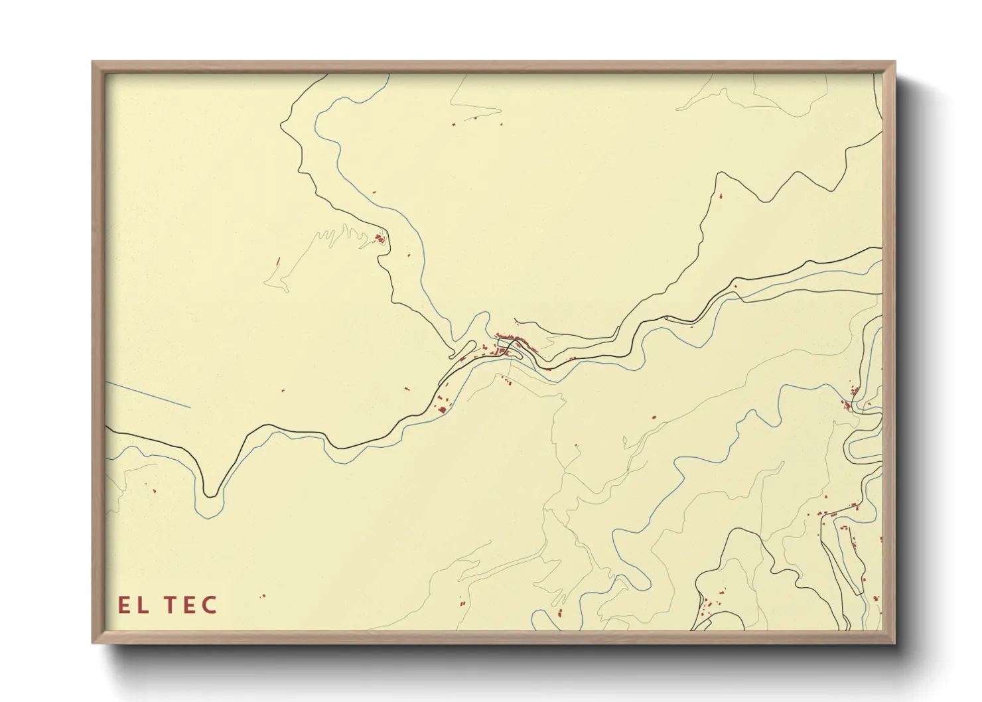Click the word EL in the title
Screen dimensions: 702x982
coord(133,605)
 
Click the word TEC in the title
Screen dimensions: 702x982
coord(191,605)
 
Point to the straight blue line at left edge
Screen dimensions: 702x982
coord(149,395)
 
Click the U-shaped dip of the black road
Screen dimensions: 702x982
coord(210,493)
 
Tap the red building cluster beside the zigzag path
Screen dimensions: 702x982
coord(380,238)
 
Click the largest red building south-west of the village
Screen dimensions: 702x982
coord(441,409)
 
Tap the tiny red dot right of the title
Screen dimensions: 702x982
coord(263,596)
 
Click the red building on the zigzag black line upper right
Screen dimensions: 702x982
coord(719,196)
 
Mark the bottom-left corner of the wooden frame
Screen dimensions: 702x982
coord(94,642)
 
